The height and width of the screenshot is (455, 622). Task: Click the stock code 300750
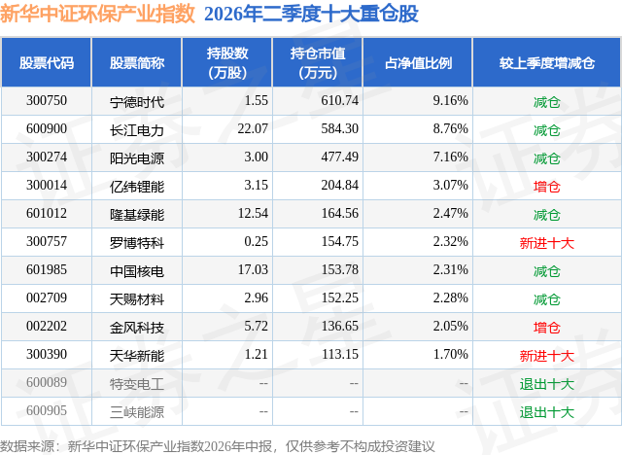47,101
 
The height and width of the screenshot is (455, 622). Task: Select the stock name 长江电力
137,130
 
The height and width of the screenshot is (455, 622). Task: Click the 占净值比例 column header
418,62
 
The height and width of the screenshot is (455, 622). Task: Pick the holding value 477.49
339,157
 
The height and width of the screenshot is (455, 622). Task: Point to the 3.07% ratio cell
450,186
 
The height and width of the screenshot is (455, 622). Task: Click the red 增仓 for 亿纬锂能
546,187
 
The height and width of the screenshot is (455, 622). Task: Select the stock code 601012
47,214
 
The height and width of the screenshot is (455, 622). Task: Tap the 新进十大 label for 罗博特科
546,243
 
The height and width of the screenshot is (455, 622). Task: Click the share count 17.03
253,269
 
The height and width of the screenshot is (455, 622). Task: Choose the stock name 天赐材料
137,299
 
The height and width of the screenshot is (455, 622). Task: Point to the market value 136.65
339,326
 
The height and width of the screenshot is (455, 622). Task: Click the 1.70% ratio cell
450,354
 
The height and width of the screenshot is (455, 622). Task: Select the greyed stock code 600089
47,382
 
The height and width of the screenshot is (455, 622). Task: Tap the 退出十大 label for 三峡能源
546,412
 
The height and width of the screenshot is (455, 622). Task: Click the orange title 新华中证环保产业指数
97,14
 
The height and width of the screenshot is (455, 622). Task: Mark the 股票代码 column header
47,62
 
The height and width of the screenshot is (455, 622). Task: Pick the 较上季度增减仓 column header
546,62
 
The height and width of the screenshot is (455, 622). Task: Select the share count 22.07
253,129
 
